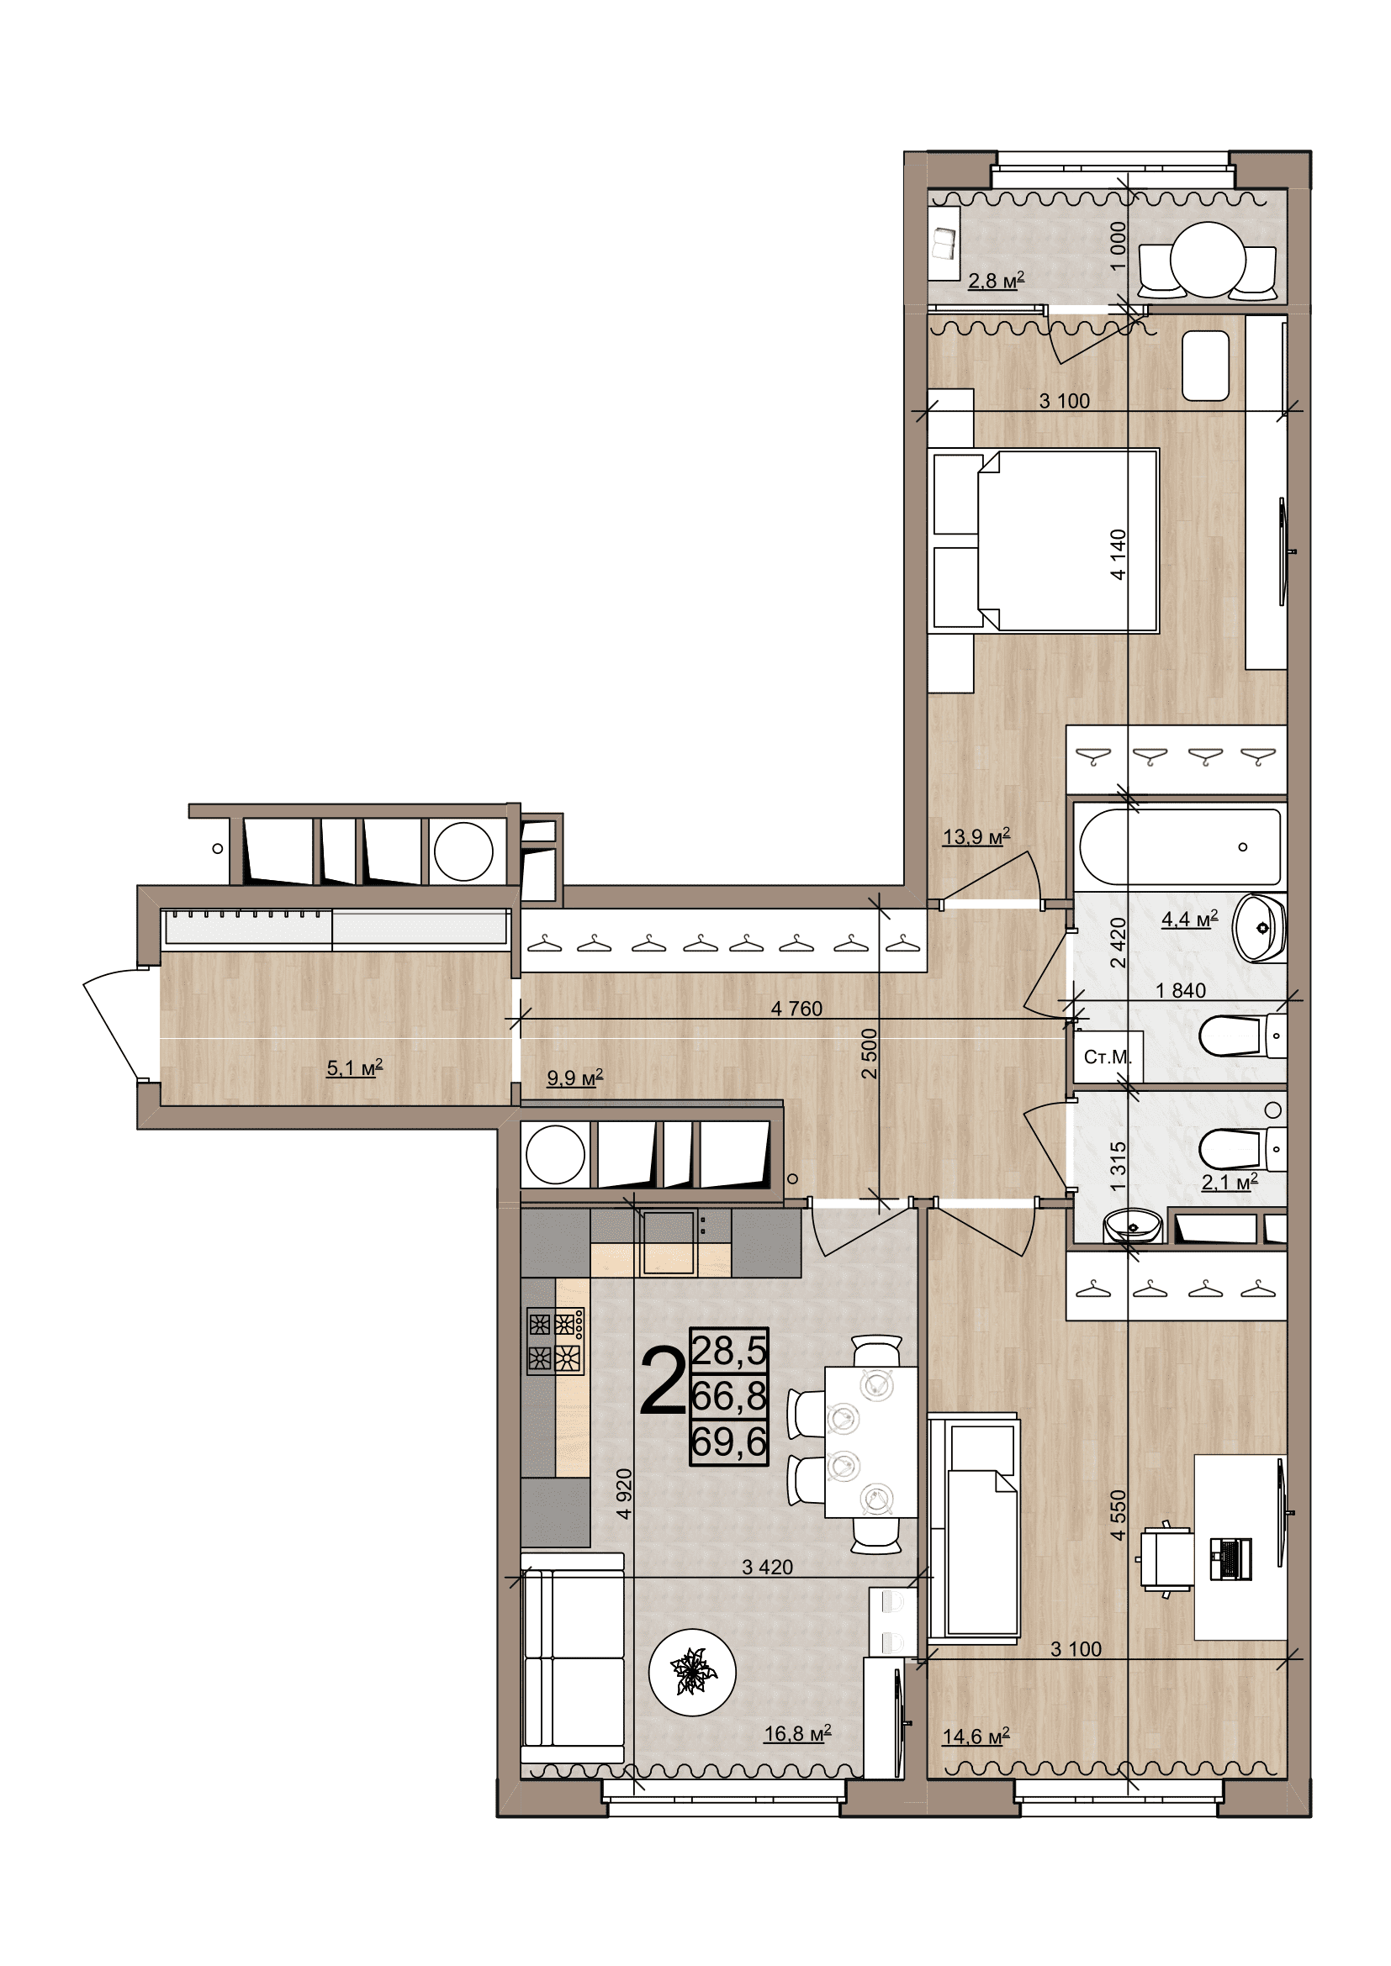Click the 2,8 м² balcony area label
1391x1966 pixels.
pyautogui.click(x=996, y=280)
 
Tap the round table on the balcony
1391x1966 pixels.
pyautogui.click(x=1208, y=260)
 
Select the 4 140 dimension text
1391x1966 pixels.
pyautogui.click(x=1118, y=555)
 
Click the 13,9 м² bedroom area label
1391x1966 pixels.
pyautogui.click(x=976, y=835)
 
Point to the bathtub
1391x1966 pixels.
pyautogui.click(x=1180, y=847)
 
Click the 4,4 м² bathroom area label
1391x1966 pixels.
pyautogui.click(x=1190, y=920)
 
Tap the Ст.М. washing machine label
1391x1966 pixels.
pyautogui.click(x=1108, y=1057)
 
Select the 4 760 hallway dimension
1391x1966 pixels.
pyautogui.click(x=796, y=1009)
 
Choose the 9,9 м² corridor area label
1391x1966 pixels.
pyautogui.click(x=574, y=1078)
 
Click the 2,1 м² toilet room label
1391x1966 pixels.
pyautogui.click(x=1230, y=1183)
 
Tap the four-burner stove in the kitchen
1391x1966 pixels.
pyautogui.click(x=555, y=1341)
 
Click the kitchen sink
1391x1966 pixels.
pyautogui.click(x=668, y=1241)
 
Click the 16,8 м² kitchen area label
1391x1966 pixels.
pyautogui.click(x=797, y=1734)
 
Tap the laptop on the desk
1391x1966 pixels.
pyautogui.click(x=1231, y=1558)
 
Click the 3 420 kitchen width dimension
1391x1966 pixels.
pyautogui.click(x=768, y=1567)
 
